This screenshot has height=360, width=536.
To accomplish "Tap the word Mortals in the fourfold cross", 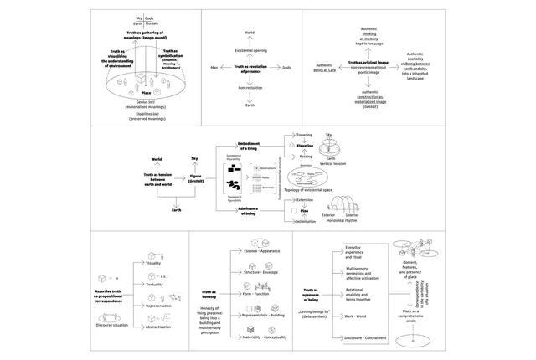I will tap(152, 23).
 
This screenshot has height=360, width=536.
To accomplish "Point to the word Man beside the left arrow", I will tap(214, 67).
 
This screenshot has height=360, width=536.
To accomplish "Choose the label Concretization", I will tap(249, 86).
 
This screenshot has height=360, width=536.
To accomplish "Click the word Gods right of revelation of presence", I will tap(286, 67).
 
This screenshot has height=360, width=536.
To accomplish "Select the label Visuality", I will tap(153, 263).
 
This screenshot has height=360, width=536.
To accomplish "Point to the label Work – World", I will tap(356, 316).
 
